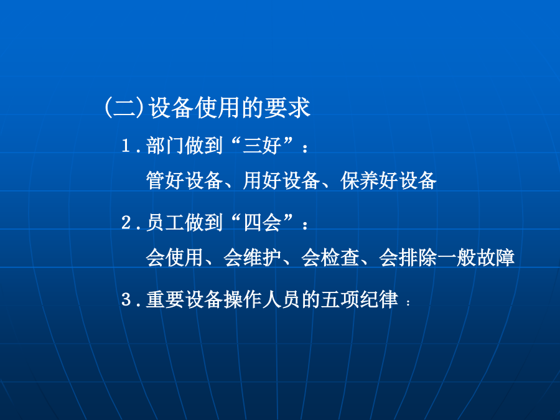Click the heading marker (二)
pyautogui.click(x=124, y=108)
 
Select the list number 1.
pyautogui.click(x=126, y=146)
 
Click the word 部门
pyautogui.click(x=166, y=146)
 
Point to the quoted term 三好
pyautogui.click(x=262, y=146)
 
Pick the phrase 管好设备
pyautogui.click(x=185, y=180)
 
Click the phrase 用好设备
pyautogui.click(x=281, y=180)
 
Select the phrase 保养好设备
pyautogui.click(x=388, y=180)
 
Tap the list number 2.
pyautogui.click(x=126, y=223)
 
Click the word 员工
pyautogui.click(x=166, y=222)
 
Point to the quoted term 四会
pyautogui.click(x=262, y=222)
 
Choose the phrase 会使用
pyautogui.click(x=175, y=257)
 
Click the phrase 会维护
pyautogui.click(x=252, y=257)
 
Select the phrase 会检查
pyautogui.click(x=330, y=257)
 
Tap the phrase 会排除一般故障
pyautogui.click(x=447, y=257)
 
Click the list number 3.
pyautogui.click(x=126, y=299)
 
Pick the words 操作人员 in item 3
pyautogui.click(x=262, y=299)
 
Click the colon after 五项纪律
pyautogui.click(x=408, y=302)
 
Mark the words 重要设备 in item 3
pyautogui.click(x=185, y=299)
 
